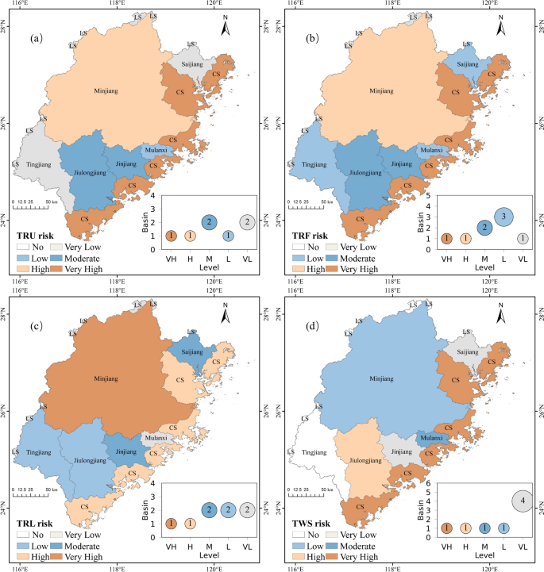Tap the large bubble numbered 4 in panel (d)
point(522,501)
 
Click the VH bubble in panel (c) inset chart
point(171,524)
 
